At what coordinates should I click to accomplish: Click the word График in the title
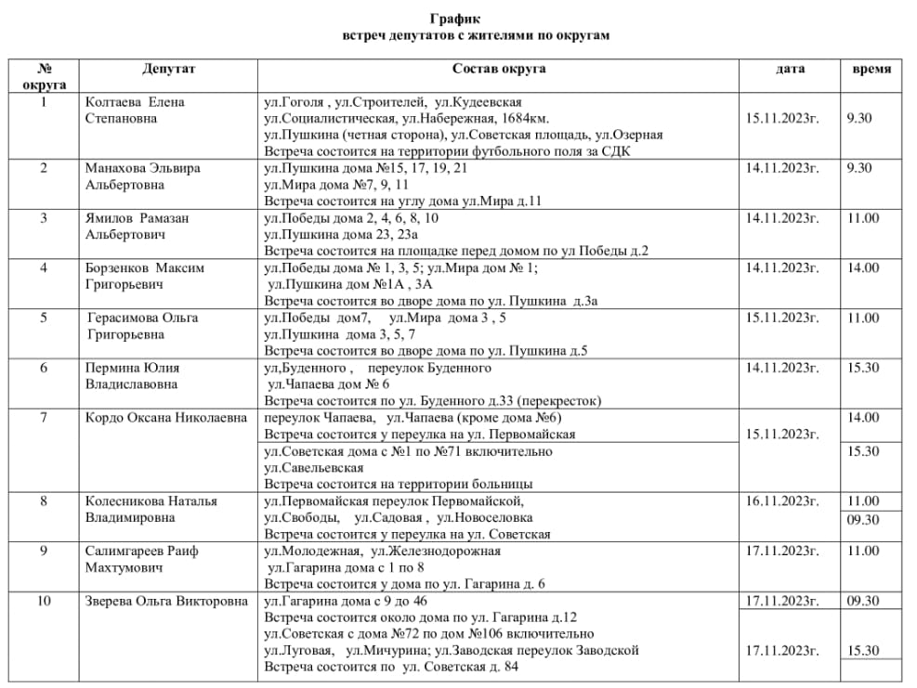pos(457,19)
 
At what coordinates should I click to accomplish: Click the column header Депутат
pos(169,69)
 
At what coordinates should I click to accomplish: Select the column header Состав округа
pos(499,69)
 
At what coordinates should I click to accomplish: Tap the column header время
pos(871,69)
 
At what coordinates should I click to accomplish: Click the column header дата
pos(791,69)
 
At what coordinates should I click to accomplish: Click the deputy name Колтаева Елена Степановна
pos(134,110)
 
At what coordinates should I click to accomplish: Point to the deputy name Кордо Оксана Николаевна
pos(167,418)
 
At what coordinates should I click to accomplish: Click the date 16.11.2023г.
pos(782,501)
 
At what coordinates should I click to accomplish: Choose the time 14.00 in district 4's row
pos(862,268)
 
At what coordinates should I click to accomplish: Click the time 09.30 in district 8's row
pos(862,520)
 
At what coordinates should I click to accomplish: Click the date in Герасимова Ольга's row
pos(782,318)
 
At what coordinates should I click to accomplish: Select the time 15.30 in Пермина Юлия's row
pos(862,368)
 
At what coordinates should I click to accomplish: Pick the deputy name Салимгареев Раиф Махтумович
pos(141,559)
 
